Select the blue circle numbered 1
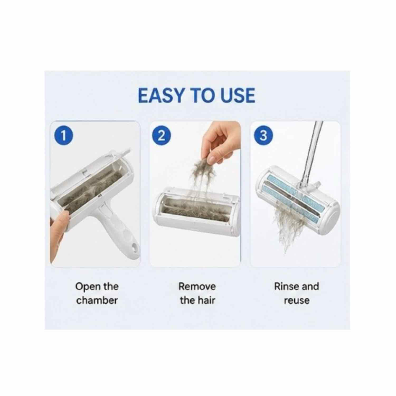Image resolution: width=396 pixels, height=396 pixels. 63,135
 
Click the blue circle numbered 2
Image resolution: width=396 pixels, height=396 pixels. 162,135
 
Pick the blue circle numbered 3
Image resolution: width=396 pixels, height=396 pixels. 263,135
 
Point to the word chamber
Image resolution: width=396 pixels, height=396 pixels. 97,300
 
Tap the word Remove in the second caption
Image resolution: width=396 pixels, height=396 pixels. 197,286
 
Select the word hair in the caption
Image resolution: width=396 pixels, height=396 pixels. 206,300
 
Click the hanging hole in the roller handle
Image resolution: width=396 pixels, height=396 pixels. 135,248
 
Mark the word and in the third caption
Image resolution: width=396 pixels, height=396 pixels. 310,286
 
